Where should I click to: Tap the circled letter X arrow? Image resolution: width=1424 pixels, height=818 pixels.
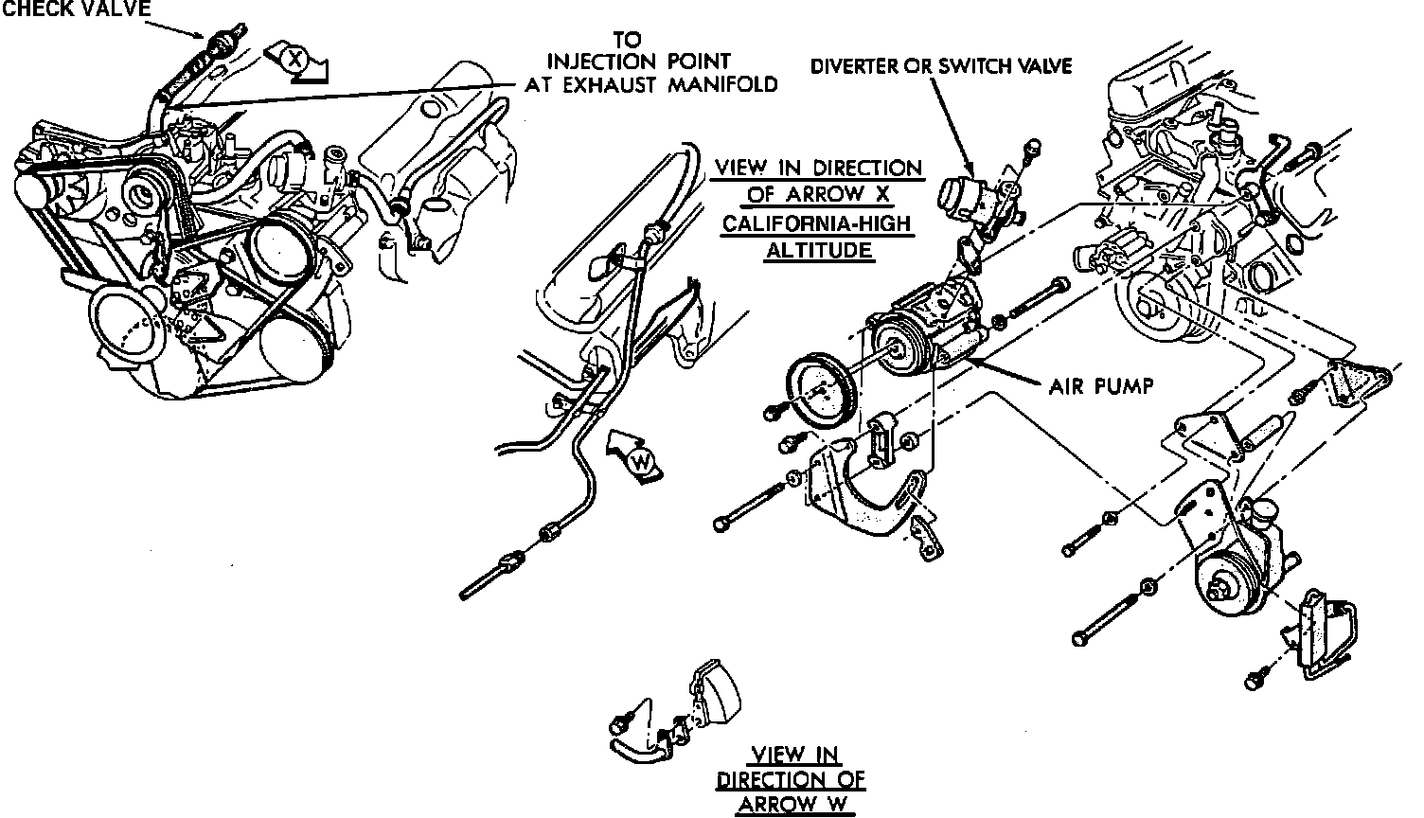pos(295,60)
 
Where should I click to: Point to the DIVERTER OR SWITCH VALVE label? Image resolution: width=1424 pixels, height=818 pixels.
pos(940,65)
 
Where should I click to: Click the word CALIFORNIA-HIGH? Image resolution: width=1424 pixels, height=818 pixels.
pos(818,227)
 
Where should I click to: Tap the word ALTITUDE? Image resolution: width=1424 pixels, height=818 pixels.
pos(818,252)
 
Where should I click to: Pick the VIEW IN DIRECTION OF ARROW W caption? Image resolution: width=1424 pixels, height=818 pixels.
pos(791,780)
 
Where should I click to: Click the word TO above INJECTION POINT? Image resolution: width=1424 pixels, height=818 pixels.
pos(627,40)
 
